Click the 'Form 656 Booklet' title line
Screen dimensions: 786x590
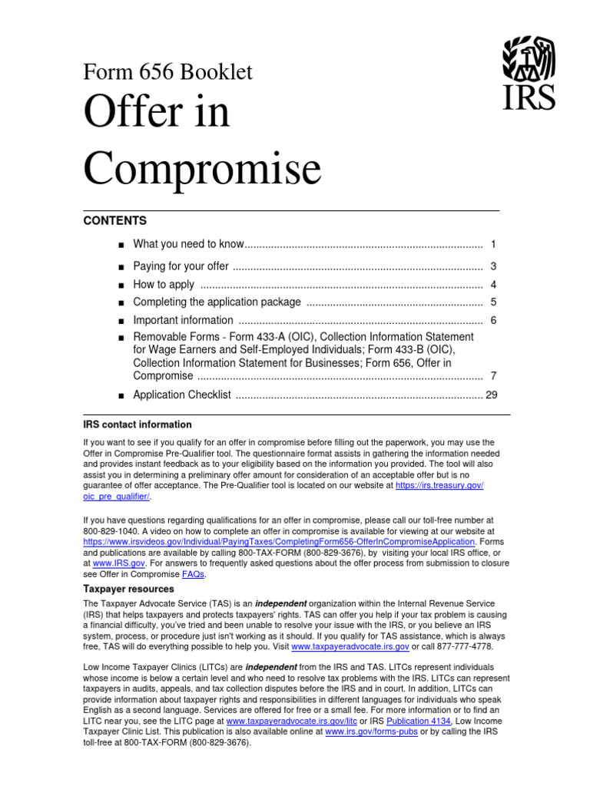(x=167, y=72)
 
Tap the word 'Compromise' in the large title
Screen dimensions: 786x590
(x=202, y=167)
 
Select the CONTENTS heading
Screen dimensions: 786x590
(x=114, y=221)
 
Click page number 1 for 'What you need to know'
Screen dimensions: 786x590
(x=493, y=244)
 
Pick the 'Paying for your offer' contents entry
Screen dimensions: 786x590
(x=181, y=266)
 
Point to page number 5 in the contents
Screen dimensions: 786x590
(x=493, y=302)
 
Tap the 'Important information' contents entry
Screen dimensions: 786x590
(x=183, y=320)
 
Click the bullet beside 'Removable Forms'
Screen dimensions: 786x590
(x=121, y=338)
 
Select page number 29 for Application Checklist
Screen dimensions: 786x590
(x=492, y=395)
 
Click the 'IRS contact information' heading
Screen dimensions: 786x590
(x=138, y=424)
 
